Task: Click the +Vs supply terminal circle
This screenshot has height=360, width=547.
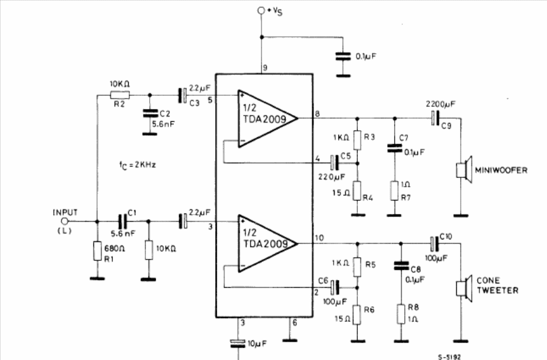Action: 261,10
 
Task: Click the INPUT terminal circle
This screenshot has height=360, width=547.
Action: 65,221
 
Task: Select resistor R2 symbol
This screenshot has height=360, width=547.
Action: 120,95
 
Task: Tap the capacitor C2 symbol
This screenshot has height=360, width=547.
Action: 150,113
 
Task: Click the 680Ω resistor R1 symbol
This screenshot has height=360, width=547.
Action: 97,251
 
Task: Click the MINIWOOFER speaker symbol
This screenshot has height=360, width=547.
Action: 465,170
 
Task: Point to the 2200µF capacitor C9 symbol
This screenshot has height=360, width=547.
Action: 434,118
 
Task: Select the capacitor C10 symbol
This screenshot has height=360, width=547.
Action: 434,244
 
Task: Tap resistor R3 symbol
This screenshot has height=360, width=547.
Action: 357,140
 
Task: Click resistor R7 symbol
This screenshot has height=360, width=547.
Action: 395,190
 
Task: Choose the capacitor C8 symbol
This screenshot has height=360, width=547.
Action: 401,265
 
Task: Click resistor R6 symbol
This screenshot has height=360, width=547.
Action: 357,315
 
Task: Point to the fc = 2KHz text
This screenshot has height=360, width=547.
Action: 137,165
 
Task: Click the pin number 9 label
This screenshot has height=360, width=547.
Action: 265,67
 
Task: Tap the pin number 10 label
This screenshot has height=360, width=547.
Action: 319,238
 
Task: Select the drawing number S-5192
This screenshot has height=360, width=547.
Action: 449,357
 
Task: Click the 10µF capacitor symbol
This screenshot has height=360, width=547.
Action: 238,343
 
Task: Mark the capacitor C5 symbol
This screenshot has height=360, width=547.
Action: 335,163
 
